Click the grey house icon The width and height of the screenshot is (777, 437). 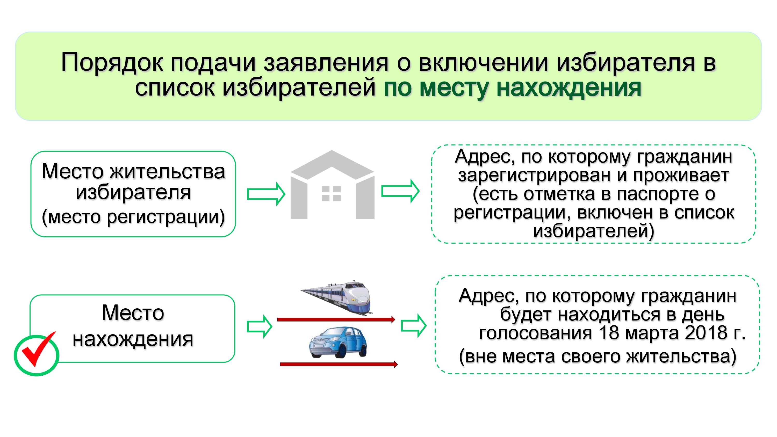tap(332, 185)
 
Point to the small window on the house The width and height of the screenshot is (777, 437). tap(331, 194)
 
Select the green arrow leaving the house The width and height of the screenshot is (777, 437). tap(400, 191)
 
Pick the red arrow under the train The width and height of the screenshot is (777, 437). tap(336, 319)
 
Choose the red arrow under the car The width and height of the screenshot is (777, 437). tap(339, 364)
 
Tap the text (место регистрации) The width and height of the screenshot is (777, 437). tap(133, 216)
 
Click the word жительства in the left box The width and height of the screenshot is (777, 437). tap(167, 171)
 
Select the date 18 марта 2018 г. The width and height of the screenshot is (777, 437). tap(672, 333)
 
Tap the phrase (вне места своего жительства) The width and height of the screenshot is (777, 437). tap(598, 356)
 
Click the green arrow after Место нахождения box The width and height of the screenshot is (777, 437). tap(260, 326)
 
